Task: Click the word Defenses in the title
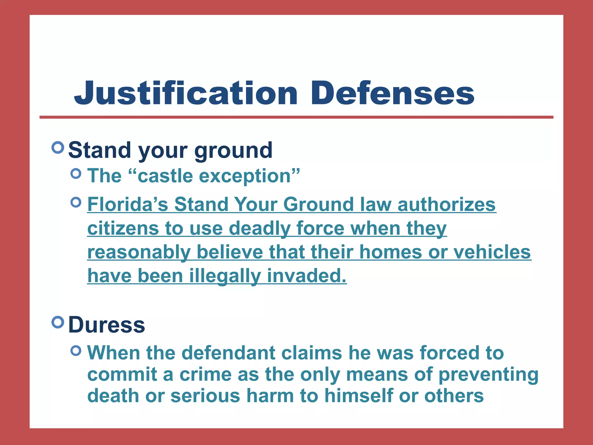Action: [x=392, y=93]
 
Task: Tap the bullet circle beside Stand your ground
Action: [x=58, y=147]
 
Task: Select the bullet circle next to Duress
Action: [x=58, y=322]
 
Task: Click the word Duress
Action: [x=107, y=325]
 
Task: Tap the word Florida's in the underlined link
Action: [x=128, y=204]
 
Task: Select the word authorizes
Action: [x=446, y=204]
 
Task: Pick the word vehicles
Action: [x=492, y=252]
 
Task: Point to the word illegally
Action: [x=225, y=276]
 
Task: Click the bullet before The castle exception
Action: [x=76, y=174]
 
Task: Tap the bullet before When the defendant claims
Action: [x=76, y=351]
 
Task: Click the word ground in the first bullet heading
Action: [x=233, y=151]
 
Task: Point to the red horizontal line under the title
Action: [x=296, y=117]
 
